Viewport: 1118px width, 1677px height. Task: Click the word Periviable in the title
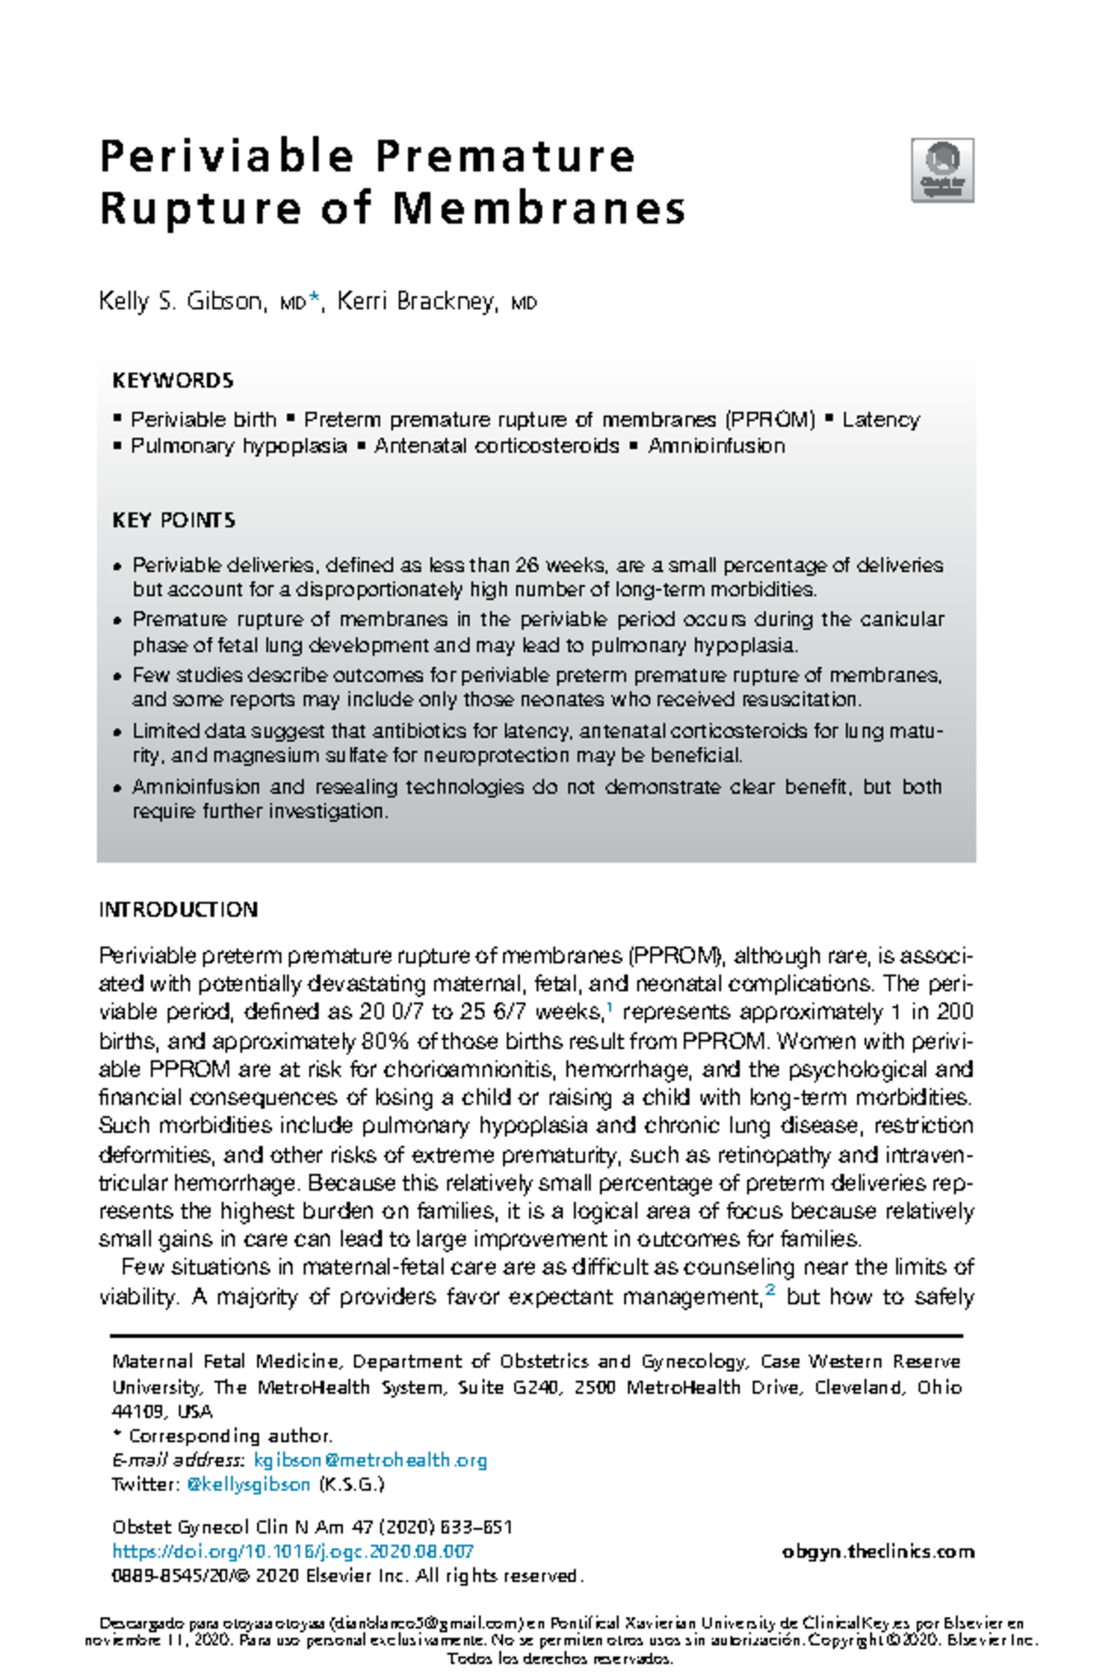point(226,157)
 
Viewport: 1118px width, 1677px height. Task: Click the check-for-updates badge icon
point(942,170)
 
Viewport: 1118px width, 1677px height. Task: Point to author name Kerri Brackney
point(416,302)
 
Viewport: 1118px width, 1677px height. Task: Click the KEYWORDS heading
point(172,381)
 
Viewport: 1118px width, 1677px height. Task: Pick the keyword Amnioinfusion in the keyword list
point(716,446)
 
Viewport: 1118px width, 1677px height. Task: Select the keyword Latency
point(880,420)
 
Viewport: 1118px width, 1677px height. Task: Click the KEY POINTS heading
point(173,521)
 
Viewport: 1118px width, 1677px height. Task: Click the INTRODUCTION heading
point(178,910)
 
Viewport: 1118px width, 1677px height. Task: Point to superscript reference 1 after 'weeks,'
point(609,1007)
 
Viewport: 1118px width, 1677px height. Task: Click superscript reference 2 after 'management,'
point(770,1290)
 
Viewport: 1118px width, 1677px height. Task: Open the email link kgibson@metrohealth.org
point(370,1460)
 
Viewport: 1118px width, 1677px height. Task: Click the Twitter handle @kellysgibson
point(249,1484)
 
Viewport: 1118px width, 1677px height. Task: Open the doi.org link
point(293,1551)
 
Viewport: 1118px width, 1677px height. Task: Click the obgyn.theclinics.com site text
point(879,1551)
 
